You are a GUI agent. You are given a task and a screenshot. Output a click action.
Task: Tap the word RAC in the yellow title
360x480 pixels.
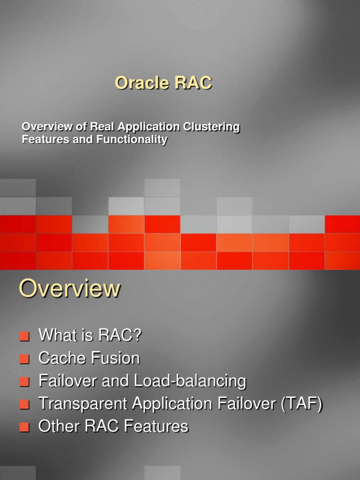tap(193, 83)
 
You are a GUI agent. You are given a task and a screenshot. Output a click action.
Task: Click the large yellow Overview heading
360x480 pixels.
tap(69, 289)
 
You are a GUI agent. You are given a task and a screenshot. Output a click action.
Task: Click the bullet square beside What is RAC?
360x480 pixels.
tap(25, 337)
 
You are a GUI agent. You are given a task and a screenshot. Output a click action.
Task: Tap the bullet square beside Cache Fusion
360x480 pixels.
tap(25, 360)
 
